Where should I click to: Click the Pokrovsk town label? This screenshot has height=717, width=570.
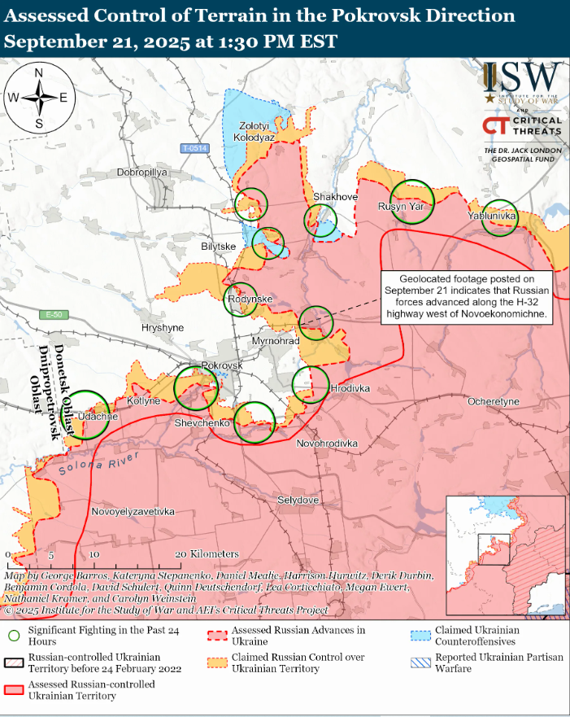click(x=222, y=365)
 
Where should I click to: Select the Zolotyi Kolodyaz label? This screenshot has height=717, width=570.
click(x=254, y=132)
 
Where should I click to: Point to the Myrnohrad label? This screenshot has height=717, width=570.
click(x=276, y=340)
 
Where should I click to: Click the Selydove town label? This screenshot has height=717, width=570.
click(x=298, y=499)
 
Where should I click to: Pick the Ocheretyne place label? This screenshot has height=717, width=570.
click(x=493, y=402)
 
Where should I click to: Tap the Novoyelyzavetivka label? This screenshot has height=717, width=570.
click(x=133, y=512)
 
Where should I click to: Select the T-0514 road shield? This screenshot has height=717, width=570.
click(x=194, y=148)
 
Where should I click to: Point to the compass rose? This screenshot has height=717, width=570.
click(x=38, y=98)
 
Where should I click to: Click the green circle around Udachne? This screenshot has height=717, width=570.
click(x=87, y=416)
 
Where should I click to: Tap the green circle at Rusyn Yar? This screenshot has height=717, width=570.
click(x=411, y=200)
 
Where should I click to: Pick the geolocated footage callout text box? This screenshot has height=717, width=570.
click(x=467, y=295)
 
